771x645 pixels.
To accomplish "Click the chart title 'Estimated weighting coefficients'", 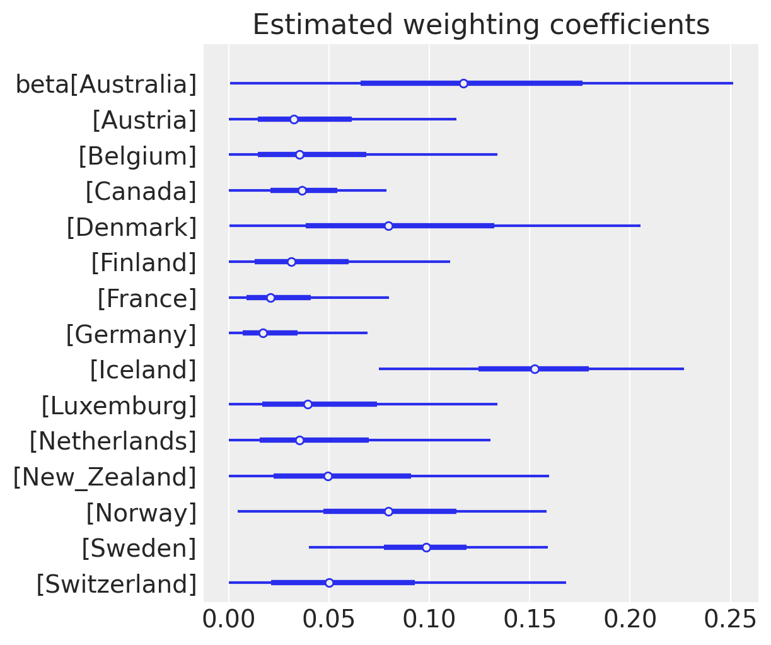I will click(481, 25).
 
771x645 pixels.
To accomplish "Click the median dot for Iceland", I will click(535, 369).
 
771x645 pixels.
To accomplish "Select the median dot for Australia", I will click(463, 83).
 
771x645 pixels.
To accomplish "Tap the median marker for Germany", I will click(263, 333).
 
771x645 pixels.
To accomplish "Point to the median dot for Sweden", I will click(426, 547).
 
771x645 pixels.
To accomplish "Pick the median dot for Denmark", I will click(388, 226).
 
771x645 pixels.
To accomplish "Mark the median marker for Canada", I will click(302, 190).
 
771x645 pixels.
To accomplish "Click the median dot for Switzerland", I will click(329, 583).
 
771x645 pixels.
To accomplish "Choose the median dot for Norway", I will click(388, 511).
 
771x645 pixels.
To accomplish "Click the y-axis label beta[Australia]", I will click(106, 84).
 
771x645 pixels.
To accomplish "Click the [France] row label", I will click(147, 298).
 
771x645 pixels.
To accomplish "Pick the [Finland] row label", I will click(144, 262).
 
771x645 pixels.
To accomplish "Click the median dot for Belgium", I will click(299, 154).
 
